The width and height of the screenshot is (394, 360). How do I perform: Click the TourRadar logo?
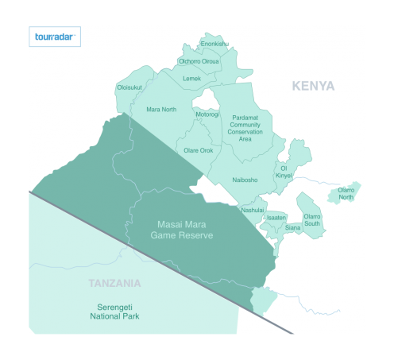click(x=55, y=37)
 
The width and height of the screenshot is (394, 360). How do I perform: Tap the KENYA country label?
click(x=313, y=86)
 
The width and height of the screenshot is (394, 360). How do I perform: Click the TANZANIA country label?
click(x=115, y=283)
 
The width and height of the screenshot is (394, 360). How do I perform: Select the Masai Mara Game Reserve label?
click(x=184, y=230)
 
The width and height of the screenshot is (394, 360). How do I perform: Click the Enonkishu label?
click(x=214, y=44)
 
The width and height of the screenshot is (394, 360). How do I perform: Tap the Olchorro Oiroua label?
click(x=199, y=61)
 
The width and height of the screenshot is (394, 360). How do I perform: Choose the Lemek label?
click(x=191, y=79)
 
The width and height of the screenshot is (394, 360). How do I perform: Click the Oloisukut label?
click(x=129, y=87)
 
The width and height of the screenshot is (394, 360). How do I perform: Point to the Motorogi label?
click(x=207, y=114)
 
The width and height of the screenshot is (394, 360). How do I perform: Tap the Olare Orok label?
click(x=199, y=150)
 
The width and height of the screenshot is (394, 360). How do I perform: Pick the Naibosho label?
click(x=245, y=180)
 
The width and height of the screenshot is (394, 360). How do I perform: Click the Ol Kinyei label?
click(x=284, y=170)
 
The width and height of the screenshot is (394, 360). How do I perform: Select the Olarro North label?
click(x=346, y=193)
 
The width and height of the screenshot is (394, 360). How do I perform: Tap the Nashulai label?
click(x=253, y=210)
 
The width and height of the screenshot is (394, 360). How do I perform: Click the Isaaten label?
click(x=276, y=217)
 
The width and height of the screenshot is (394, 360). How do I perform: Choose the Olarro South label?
click(x=312, y=219)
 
